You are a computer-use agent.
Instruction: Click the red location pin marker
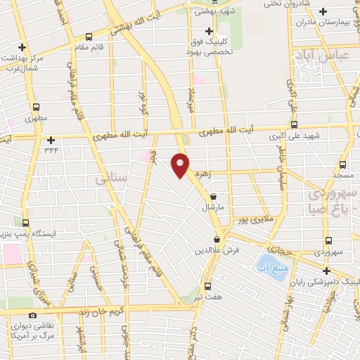[181, 165]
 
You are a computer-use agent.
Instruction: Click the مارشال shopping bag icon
[213, 198]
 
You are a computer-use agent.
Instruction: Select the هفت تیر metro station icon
[207, 286]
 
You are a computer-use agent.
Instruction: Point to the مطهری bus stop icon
[36, 107]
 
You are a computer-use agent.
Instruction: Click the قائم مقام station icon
[89, 37]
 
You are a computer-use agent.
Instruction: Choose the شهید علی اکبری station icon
[294, 123]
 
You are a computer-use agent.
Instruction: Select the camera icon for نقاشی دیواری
[32, 316]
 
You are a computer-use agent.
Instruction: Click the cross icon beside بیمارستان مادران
[323, 12]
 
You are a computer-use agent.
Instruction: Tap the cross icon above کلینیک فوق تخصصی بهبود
[208, 31]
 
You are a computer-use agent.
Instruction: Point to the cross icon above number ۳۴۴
[51, 140]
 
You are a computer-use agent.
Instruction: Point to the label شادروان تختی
[267, 4]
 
